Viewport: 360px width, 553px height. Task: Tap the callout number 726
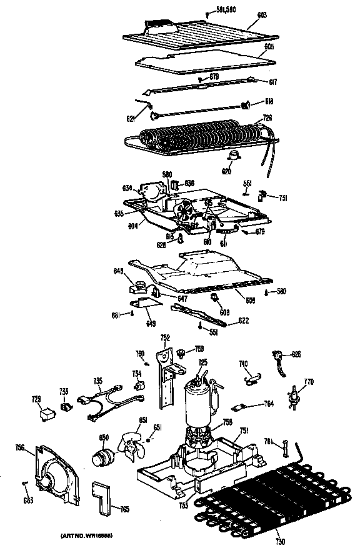coord(267,117)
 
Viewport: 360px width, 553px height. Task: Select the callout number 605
coord(268,47)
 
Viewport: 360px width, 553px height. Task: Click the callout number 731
coord(282,198)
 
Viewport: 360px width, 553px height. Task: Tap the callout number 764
coord(269,404)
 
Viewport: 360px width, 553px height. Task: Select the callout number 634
coord(127,187)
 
